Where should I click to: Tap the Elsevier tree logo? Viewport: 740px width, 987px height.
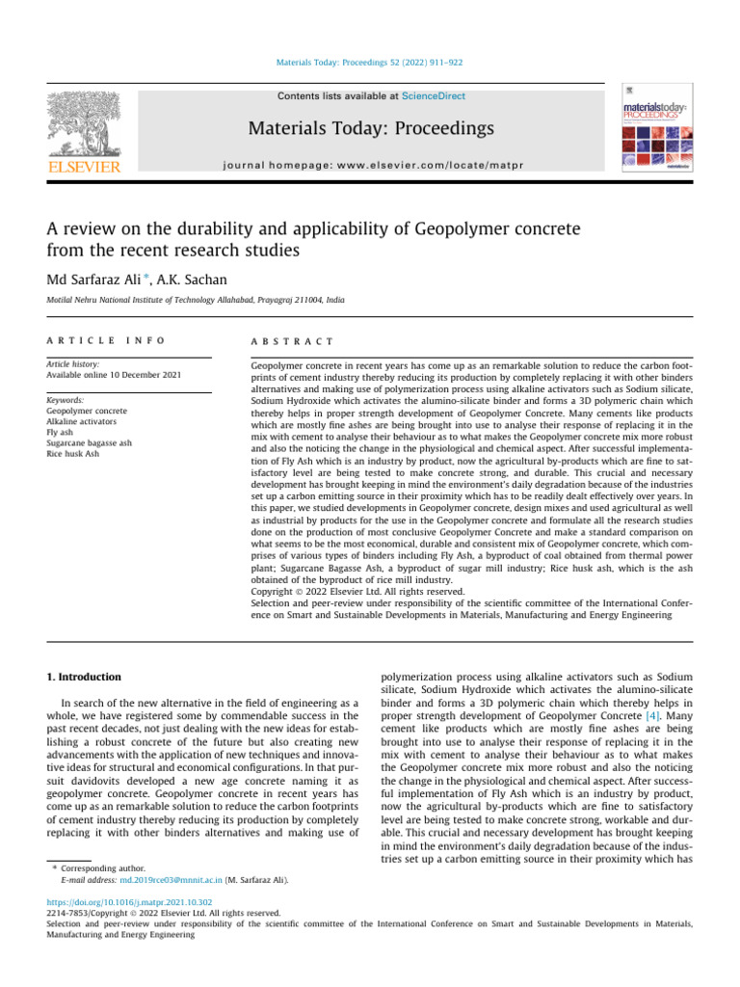[85, 125]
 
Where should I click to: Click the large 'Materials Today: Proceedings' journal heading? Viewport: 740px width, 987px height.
[370, 128]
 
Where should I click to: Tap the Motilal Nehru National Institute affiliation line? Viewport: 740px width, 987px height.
[197, 302]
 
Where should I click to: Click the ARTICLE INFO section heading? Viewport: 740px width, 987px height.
[106, 341]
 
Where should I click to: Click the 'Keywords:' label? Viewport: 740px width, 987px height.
[66, 400]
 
